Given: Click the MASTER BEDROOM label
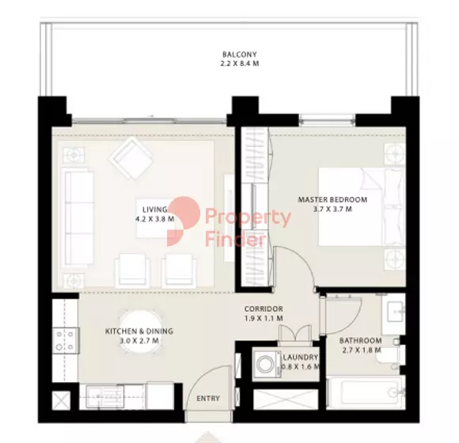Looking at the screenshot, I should point(332,200).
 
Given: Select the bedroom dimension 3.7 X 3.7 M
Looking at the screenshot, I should point(332,210).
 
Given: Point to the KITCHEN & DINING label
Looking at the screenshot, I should point(139,331).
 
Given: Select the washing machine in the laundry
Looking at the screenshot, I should point(264,365).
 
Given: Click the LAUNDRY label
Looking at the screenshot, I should point(300,357).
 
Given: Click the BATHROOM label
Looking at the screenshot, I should point(362,341).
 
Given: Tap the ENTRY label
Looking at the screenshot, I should point(208,398).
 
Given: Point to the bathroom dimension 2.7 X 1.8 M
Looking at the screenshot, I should point(362,350).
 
